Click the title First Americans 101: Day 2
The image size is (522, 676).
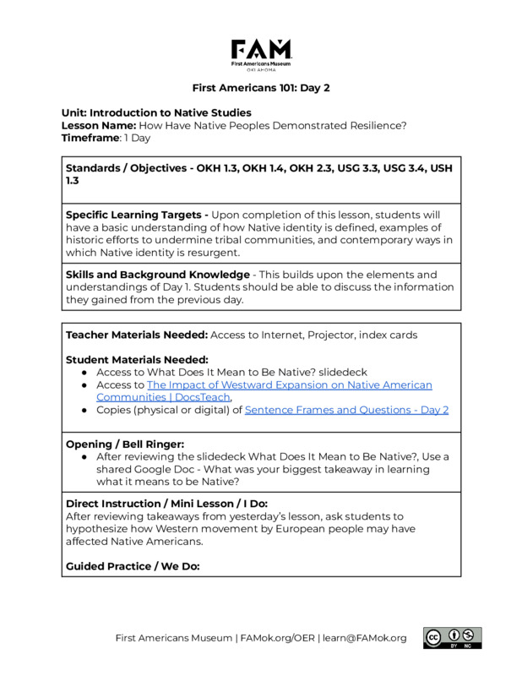(260, 88)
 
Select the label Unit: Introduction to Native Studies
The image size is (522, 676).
(156, 112)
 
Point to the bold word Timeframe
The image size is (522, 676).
(92, 138)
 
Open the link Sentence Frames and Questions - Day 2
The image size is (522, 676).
(346, 410)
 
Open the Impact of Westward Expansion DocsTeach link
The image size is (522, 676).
(264, 390)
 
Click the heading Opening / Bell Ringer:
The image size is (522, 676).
(126, 444)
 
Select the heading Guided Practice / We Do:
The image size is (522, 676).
(133, 565)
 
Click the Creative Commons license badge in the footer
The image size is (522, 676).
(452, 638)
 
